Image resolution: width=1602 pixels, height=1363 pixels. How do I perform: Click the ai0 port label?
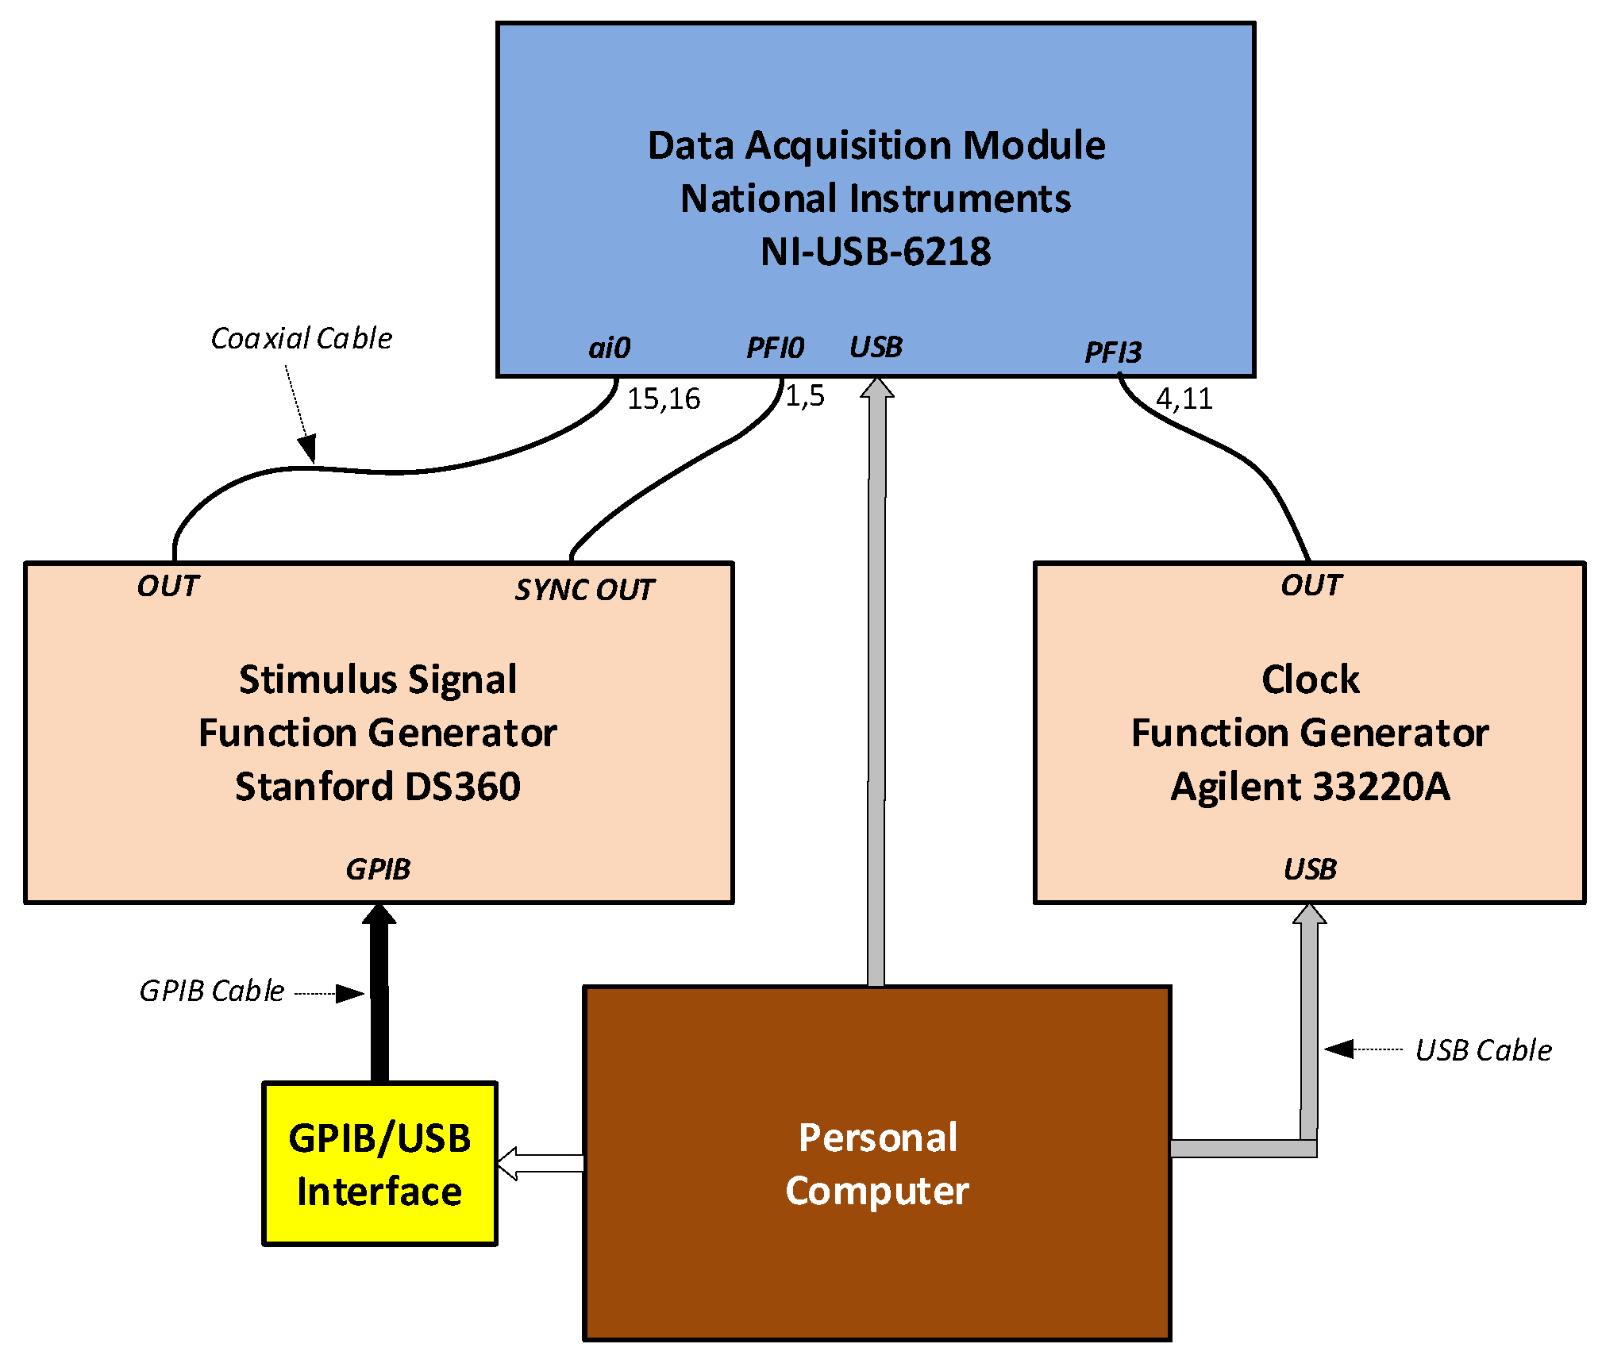609,348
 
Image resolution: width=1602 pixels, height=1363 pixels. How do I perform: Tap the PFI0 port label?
775,348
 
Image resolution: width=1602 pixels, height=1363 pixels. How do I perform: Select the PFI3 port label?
1112,352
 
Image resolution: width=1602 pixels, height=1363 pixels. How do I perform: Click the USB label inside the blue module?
876,347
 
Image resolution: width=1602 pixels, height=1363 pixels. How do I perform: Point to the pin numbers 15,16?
663,399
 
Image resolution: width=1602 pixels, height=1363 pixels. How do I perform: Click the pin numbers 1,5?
804,395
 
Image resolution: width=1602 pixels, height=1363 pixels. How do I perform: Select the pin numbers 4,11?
1184,399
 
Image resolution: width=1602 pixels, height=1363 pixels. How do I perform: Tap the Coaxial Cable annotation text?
301,338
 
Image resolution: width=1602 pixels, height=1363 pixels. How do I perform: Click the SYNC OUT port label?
584,590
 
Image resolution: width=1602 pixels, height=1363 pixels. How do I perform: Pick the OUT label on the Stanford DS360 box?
168,586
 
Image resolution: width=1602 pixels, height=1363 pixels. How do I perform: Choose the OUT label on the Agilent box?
1311,585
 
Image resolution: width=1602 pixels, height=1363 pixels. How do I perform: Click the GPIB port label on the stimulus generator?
378,869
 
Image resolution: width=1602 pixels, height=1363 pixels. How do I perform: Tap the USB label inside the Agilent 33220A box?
1310,869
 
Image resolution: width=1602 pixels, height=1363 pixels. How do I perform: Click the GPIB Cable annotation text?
211,991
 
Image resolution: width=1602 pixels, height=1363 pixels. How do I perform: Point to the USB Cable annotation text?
1483,1050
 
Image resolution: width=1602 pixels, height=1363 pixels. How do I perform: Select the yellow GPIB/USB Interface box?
379,1164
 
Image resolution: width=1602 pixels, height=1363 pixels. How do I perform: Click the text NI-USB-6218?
876,252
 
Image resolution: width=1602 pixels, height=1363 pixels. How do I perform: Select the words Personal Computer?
877,1164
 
